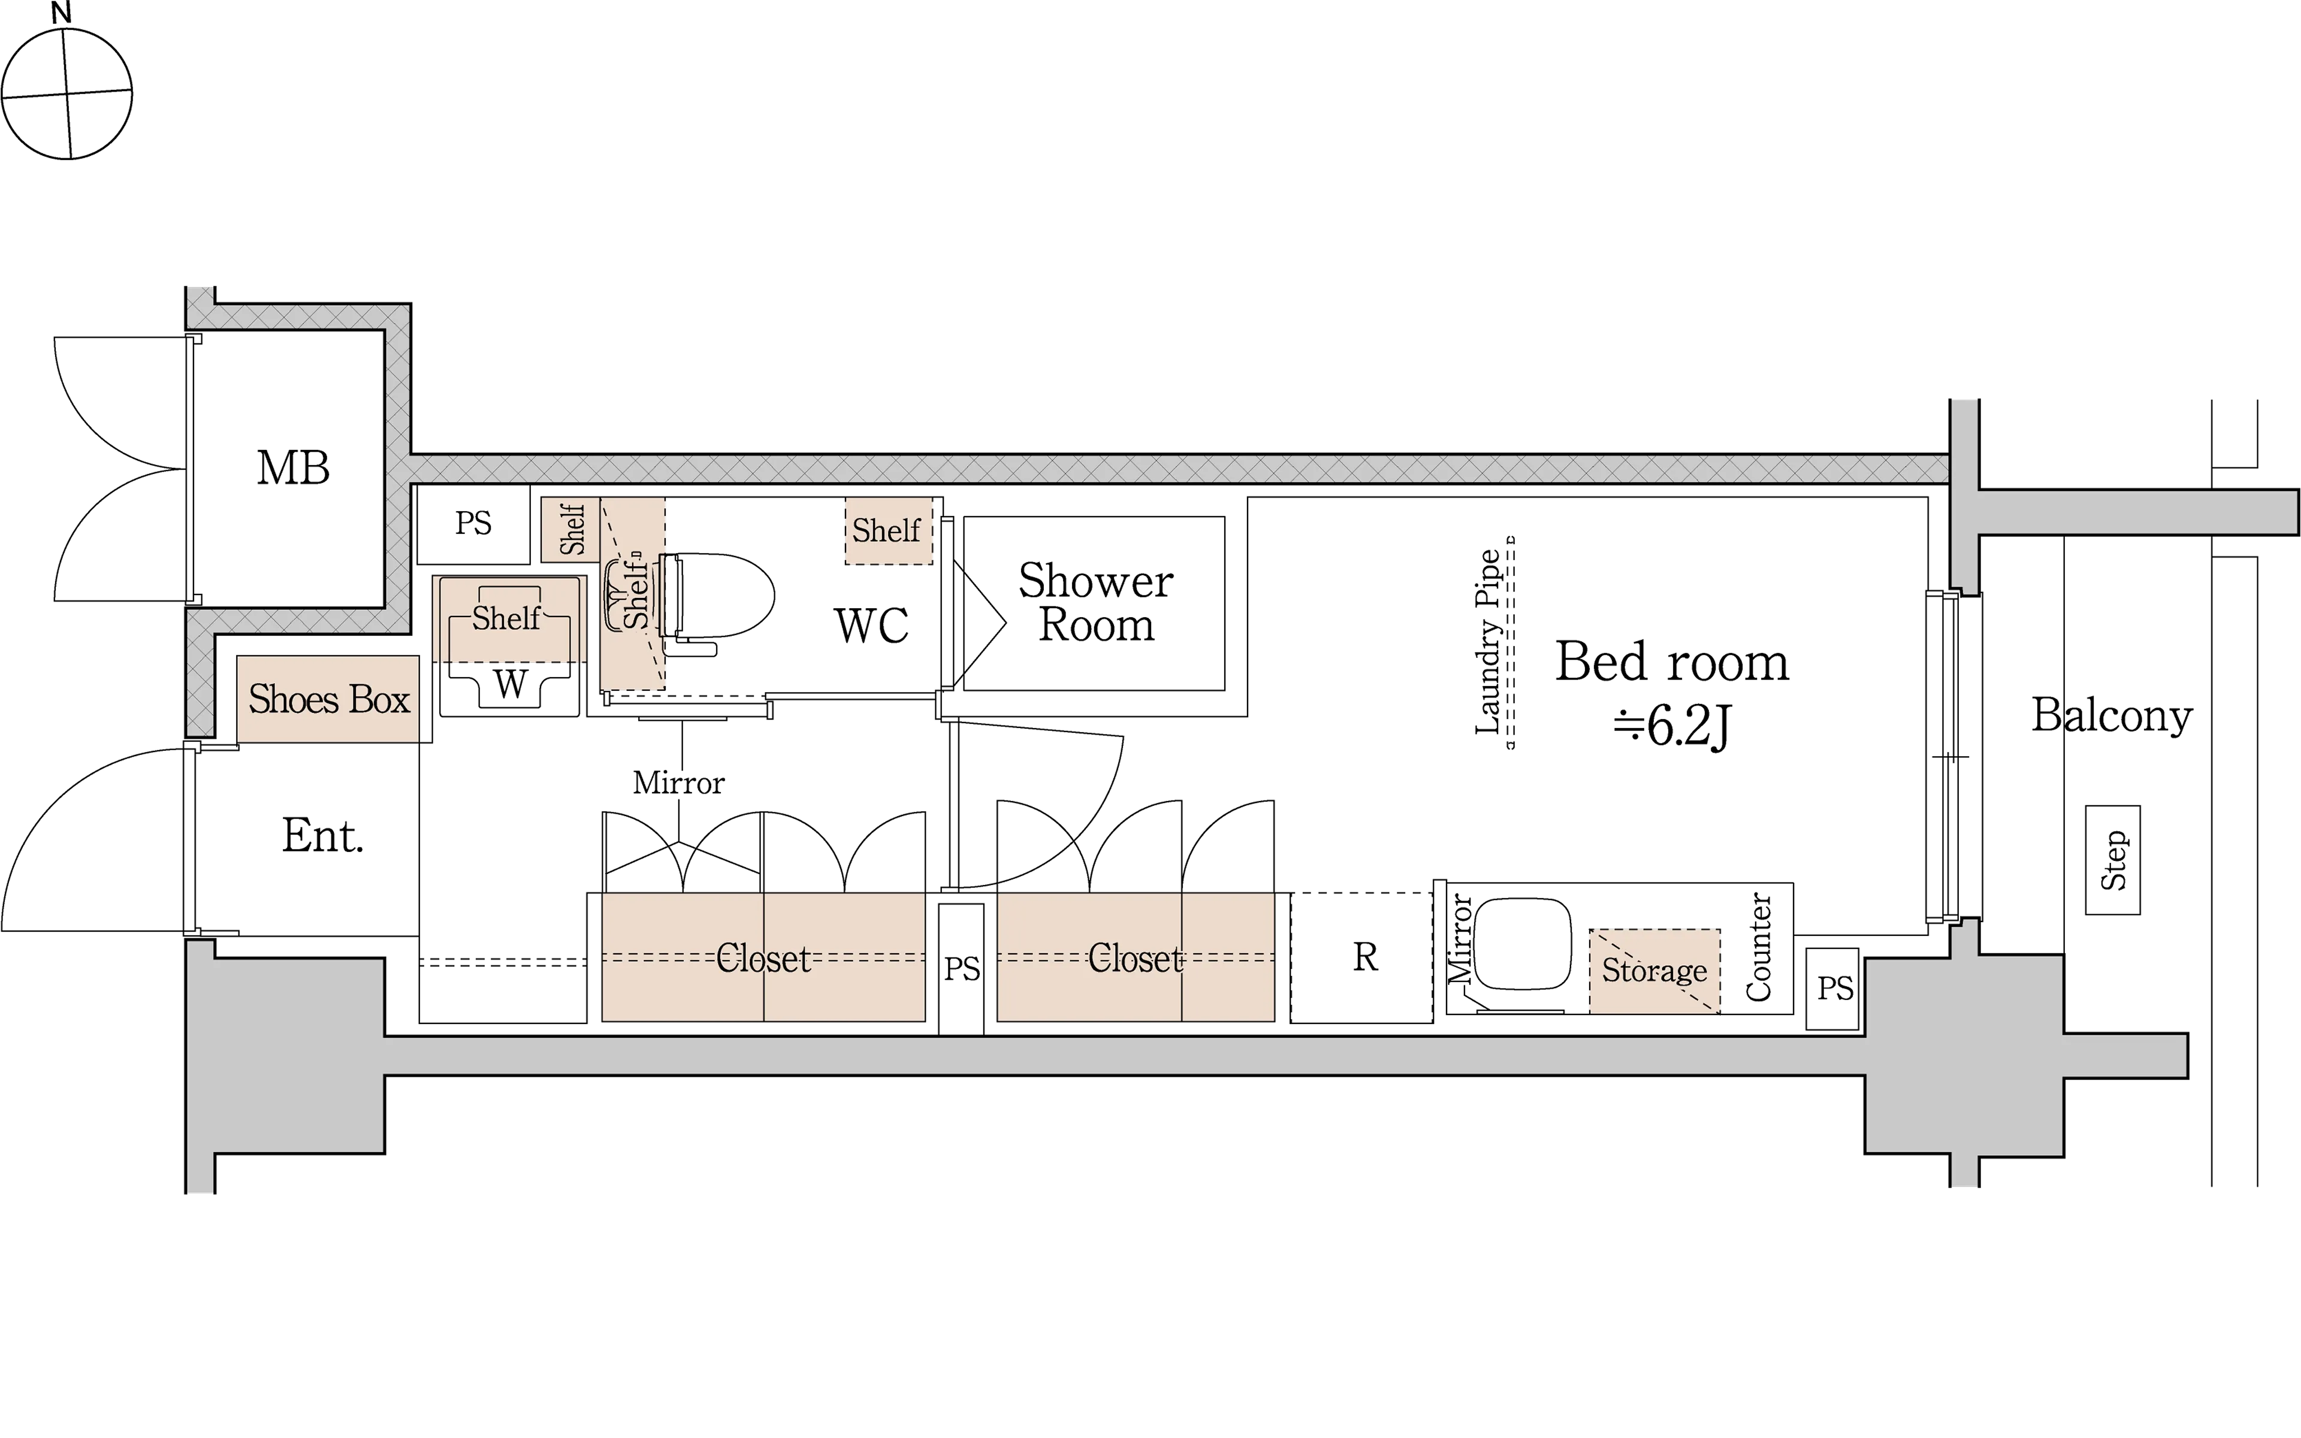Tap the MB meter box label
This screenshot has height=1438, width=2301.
[293, 468]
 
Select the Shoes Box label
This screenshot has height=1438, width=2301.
[329, 700]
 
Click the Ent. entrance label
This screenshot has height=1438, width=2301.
[322, 836]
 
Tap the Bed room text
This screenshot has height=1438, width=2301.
[1672, 662]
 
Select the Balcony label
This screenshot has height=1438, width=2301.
[2112, 715]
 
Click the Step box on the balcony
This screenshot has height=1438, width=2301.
[2113, 861]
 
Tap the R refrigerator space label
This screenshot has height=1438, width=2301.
[1366, 957]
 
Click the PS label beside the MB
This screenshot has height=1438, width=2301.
[473, 523]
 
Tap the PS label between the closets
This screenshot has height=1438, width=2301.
[961, 969]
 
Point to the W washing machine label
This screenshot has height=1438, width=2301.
[511, 684]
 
